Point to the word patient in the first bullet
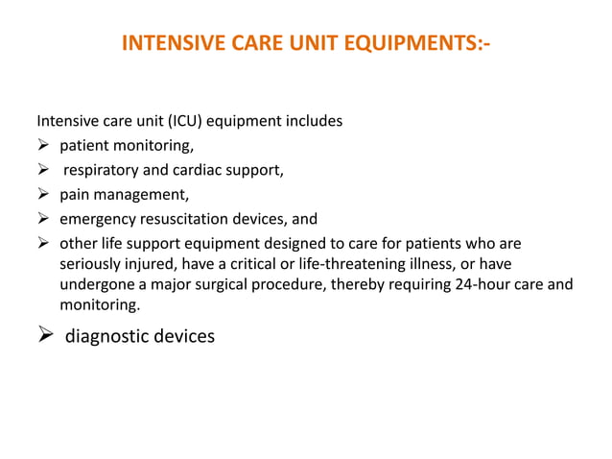pos(84,147)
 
